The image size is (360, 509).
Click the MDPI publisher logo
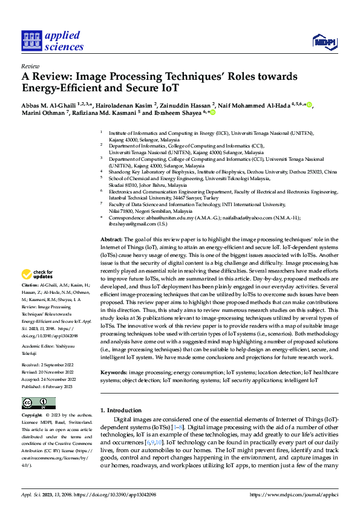324,41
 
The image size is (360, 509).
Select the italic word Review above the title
30,66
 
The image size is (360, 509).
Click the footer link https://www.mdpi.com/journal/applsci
293,494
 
